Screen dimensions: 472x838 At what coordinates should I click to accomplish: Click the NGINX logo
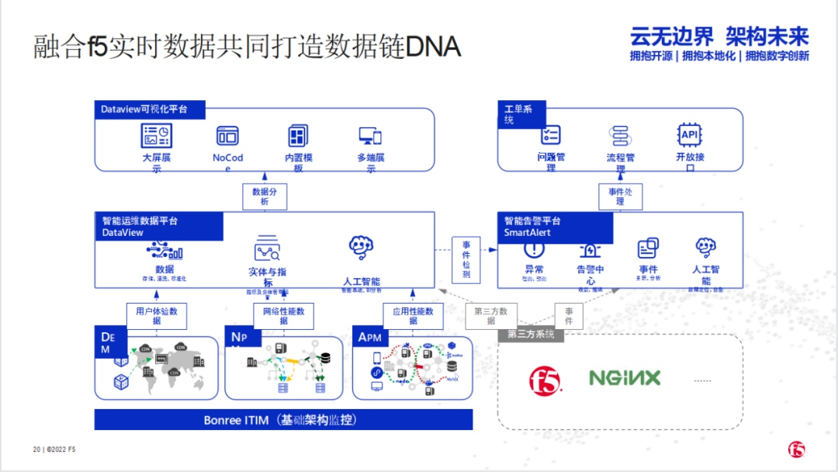tap(625, 378)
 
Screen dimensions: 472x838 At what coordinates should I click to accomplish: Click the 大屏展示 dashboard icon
tap(157, 136)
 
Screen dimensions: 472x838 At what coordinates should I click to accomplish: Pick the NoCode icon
tap(227, 136)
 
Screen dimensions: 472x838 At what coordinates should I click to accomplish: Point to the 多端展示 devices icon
tap(370, 137)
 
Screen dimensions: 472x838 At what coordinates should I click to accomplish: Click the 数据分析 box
tap(265, 196)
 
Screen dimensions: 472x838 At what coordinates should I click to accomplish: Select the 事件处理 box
tap(620, 196)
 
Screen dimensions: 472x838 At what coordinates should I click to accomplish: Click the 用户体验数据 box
tap(157, 315)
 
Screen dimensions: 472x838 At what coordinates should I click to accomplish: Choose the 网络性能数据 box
tap(283, 315)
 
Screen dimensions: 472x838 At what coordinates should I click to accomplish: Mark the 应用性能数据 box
tap(413, 315)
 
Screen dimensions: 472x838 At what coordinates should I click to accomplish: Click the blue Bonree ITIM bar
tap(283, 420)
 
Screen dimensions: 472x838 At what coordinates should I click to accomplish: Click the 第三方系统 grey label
tap(532, 335)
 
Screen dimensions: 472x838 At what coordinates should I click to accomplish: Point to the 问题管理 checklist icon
tap(551, 135)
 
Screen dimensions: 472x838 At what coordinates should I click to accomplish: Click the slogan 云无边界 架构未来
tap(719, 36)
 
